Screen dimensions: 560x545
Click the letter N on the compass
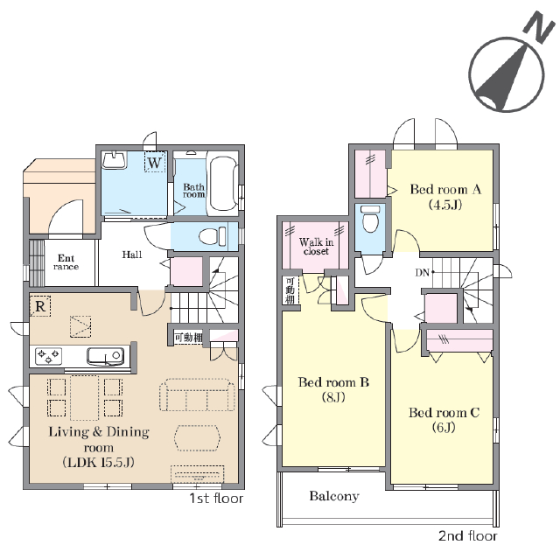point(539,27)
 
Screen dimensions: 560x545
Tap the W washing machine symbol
point(155,162)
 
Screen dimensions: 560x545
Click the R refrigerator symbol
point(40,306)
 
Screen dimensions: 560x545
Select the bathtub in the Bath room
point(223,184)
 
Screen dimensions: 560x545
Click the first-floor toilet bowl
point(213,236)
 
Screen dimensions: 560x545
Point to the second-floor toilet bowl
point(370,218)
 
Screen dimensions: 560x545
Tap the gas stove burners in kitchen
point(48,356)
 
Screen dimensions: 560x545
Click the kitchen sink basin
point(105,356)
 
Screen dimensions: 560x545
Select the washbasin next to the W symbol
point(114,159)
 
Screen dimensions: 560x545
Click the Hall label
point(132,255)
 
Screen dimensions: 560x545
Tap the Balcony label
point(334,496)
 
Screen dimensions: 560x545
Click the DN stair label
point(423,273)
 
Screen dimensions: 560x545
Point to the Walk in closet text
point(316,247)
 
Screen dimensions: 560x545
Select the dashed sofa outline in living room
point(197,395)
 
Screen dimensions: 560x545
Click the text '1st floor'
point(216,499)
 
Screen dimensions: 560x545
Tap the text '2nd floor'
point(468,535)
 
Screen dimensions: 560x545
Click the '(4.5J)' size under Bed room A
point(445,205)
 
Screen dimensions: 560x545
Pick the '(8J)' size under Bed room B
point(333,397)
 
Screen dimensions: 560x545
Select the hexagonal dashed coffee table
point(198,438)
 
